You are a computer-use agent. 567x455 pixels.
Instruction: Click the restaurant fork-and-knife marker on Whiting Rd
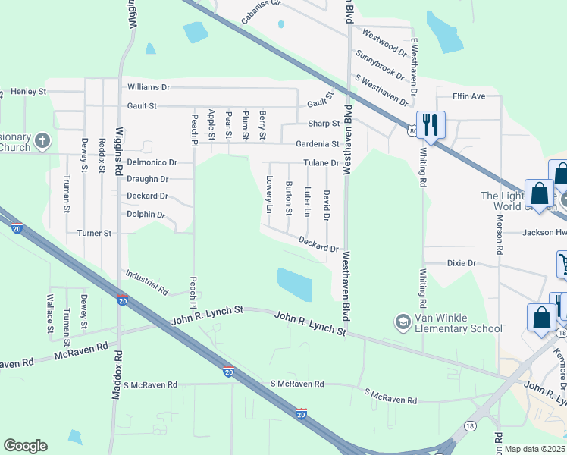click(x=431, y=124)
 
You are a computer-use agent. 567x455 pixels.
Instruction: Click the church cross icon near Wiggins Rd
click(x=42, y=140)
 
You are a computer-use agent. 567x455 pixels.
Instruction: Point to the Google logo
click(x=25, y=446)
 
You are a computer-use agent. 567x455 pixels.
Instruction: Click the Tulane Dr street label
click(x=322, y=163)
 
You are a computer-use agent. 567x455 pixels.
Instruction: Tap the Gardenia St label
click(x=318, y=143)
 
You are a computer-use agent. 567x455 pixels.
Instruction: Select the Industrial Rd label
click(x=146, y=282)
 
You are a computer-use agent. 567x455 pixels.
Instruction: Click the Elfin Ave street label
click(x=468, y=96)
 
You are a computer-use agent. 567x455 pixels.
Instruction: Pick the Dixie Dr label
click(x=461, y=263)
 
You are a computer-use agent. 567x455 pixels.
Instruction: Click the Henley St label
click(x=29, y=92)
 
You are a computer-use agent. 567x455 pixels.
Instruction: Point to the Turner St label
click(x=94, y=233)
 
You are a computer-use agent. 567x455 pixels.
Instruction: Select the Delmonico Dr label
click(x=152, y=162)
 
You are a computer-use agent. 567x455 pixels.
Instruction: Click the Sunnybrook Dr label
click(x=380, y=64)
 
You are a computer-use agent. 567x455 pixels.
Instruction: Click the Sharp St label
click(x=324, y=124)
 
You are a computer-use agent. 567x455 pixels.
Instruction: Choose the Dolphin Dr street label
click(x=146, y=215)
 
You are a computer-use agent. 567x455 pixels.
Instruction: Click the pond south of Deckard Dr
click(x=294, y=284)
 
